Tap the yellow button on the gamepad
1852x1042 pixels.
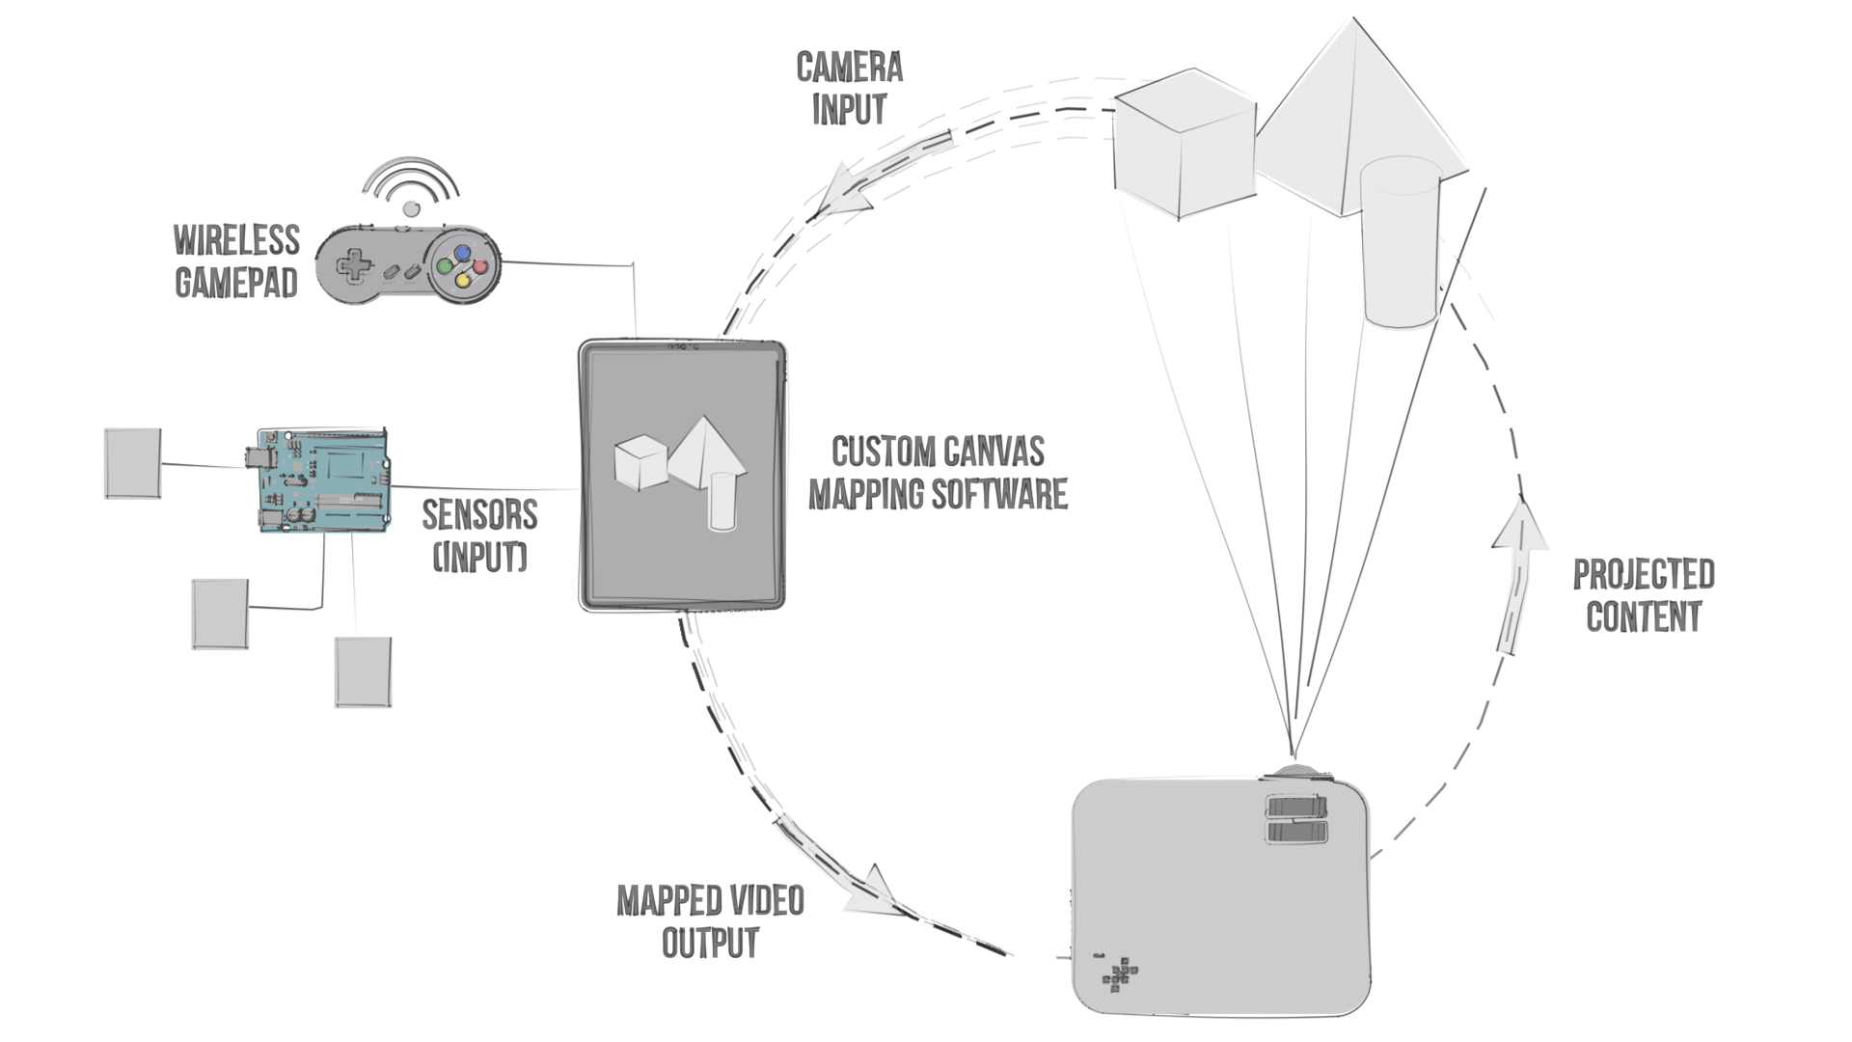[x=463, y=281]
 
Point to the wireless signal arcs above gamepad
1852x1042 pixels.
[x=411, y=183]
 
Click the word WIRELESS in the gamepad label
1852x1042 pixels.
[x=236, y=240]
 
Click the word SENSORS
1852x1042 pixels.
[x=479, y=514]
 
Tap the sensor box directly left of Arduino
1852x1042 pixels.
[x=132, y=463]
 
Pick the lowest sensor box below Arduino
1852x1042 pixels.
[x=363, y=672]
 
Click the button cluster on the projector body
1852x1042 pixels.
[x=1120, y=973]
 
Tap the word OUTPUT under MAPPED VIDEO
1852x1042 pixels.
[x=710, y=943]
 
